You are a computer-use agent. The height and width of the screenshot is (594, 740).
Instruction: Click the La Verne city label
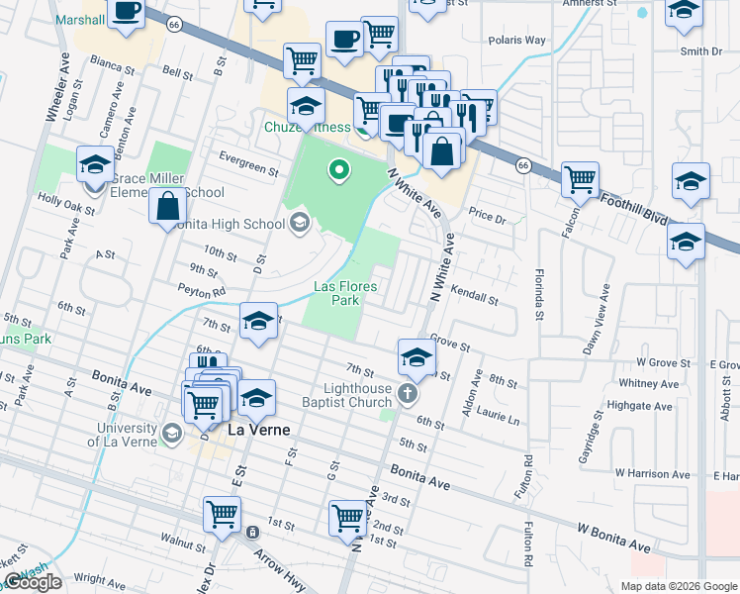[262, 431]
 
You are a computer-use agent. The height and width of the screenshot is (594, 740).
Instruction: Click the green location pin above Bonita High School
[339, 172]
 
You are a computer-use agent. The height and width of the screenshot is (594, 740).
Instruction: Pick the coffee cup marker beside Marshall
[126, 11]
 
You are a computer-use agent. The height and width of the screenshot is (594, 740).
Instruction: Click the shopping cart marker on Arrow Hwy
[223, 514]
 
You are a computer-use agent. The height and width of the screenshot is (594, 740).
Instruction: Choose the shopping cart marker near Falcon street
[580, 179]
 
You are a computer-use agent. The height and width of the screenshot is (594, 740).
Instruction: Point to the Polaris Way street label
[516, 41]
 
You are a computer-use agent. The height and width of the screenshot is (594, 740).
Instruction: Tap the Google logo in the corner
[33, 582]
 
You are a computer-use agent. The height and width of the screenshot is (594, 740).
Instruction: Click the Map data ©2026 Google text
[678, 586]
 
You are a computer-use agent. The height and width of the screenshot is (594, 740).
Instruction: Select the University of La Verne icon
[172, 434]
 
